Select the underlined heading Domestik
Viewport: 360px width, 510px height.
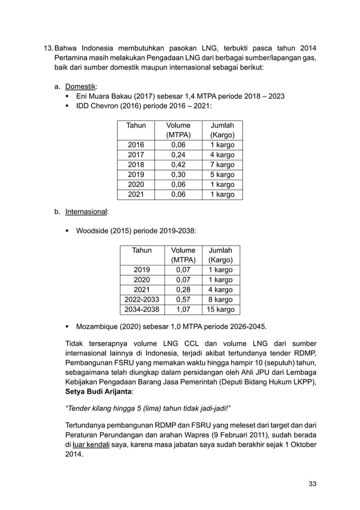(x=81, y=86)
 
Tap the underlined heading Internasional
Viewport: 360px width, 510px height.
(x=87, y=212)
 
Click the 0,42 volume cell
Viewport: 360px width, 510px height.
(x=179, y=164)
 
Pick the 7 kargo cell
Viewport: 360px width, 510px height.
(x=222, y=164)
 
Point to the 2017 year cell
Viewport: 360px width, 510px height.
(x=136, y=155)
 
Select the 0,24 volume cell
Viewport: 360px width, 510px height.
(x=179, y=155)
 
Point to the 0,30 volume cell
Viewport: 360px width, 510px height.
(x=179, y=175)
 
